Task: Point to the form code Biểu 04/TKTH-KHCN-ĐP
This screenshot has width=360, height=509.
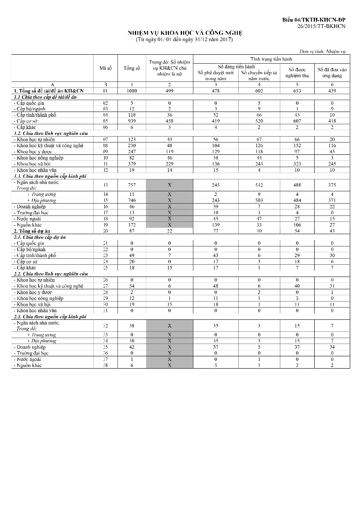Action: pos(314,20)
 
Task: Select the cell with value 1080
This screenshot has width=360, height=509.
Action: pos(132,91)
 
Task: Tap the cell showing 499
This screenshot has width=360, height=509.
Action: pos(169,91)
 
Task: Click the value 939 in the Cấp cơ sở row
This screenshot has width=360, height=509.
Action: pos(132,121)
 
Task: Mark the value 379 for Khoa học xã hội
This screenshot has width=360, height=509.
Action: pos(132,164)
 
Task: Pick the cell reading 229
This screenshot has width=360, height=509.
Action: pos(169,164)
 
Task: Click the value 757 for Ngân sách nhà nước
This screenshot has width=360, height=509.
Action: pos(132,185)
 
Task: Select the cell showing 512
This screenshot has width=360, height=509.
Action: pos(260,185)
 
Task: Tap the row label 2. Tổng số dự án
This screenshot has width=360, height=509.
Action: pos(33,231)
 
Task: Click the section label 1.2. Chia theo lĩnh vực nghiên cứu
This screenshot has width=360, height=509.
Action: pos(51,134)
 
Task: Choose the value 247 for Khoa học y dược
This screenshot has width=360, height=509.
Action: pos(132,151)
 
